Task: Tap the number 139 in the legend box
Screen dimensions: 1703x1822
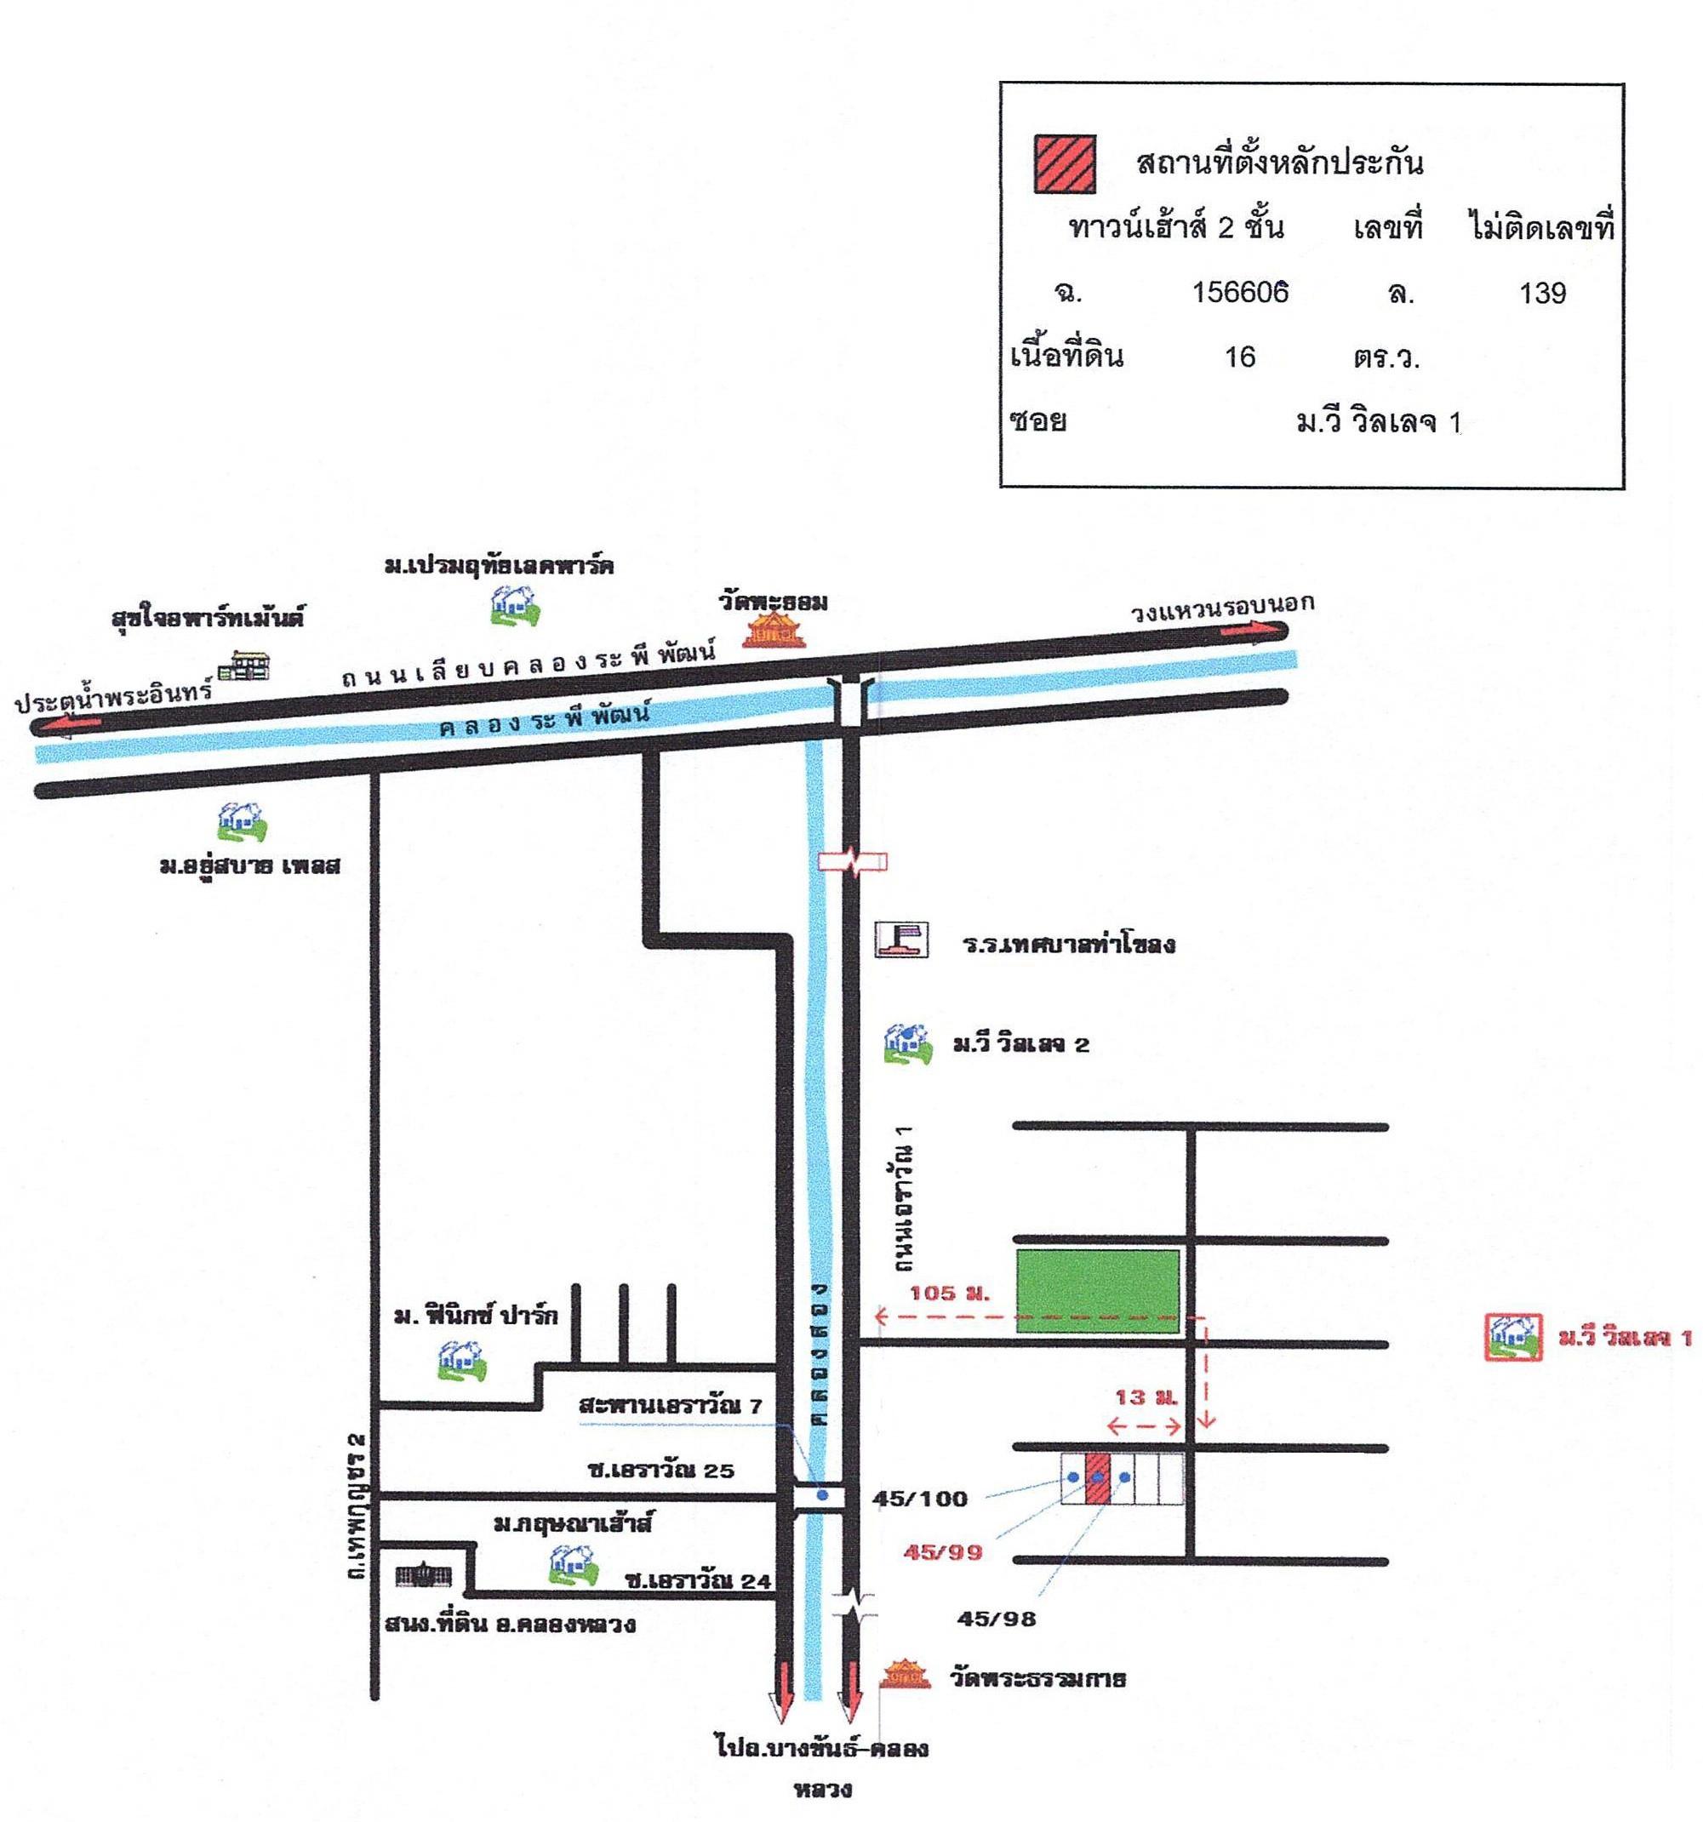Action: click(x=1543, y=294)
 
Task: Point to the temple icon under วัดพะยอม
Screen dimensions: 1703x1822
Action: click(x=774, y=631)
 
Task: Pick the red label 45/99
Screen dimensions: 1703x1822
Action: click(x=942, y=1551)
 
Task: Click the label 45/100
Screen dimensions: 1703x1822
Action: click(x=919, y=1499)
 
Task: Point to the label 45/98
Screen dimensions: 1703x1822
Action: click(x=997, y=1619)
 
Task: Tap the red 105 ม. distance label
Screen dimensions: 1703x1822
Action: click(x=950, y=1294)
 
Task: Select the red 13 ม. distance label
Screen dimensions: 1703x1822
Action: click(x=1146, y=1397)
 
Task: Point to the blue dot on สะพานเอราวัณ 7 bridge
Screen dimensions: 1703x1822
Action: click(x=822, y=1495)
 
